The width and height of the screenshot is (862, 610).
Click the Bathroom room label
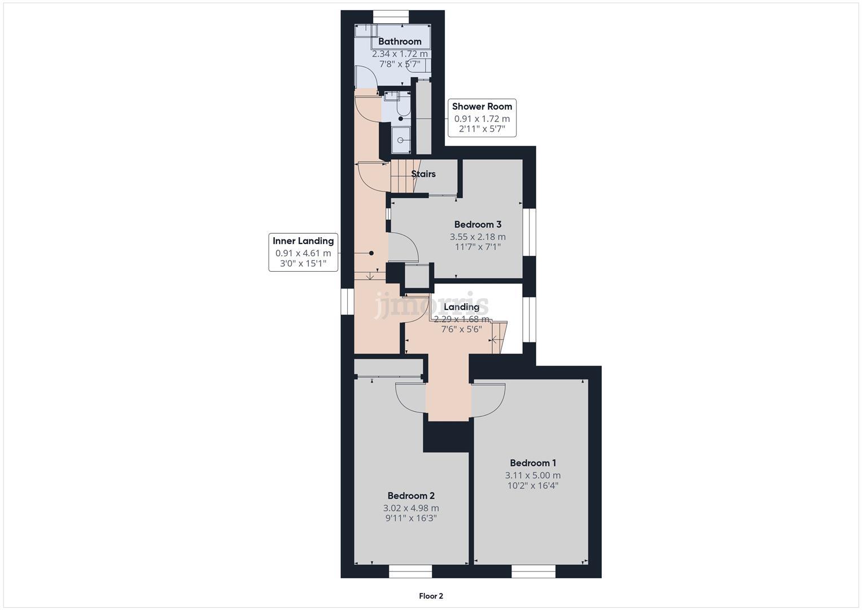tap(400, 41)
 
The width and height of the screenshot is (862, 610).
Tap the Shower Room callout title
tap(482, 106)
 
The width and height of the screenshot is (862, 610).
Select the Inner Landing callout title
tap(303, 241)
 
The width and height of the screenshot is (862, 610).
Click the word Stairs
tap(423, 174)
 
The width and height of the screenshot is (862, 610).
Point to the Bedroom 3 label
tap(478, 224)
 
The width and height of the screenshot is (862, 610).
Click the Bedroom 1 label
tap(533, 463)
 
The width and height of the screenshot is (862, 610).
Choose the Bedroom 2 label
tap(411, 495)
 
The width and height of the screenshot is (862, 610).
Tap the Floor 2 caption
tap(431, 596)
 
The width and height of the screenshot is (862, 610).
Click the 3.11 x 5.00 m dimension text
tap(533, 476)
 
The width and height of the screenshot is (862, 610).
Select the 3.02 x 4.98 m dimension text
tap(411, 508)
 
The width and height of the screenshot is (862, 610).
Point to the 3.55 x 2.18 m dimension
tap(478, 237)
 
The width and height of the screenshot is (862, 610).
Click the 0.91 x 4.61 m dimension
tap(303, 254)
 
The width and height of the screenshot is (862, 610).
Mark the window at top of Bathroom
tap(391, 17)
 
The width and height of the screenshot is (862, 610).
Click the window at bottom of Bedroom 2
tap(410, 572)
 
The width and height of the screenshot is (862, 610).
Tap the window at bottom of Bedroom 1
tap(533, 572)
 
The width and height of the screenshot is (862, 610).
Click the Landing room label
tap(461, 307)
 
